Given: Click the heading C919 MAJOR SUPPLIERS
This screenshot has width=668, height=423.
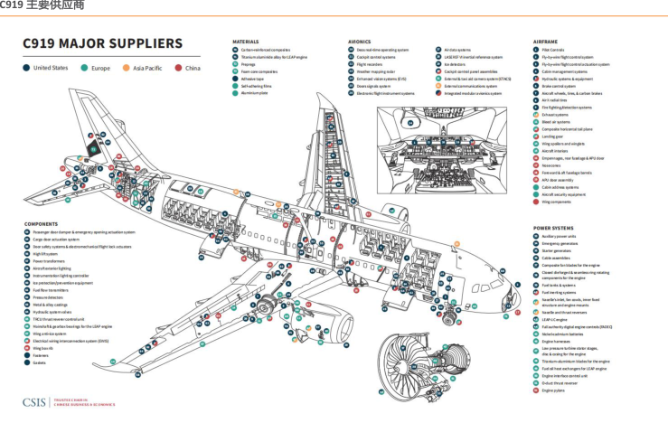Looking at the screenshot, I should pos(101,44).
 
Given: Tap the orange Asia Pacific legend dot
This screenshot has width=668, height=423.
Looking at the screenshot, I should pos(127,68).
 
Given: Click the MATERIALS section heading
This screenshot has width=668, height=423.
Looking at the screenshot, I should pos(246,42).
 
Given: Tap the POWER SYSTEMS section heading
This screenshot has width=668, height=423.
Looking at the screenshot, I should pos(554,228).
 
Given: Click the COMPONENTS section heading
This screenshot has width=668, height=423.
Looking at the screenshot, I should pos(41,224).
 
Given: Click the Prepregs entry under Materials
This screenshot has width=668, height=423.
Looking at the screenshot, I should pos(249,63).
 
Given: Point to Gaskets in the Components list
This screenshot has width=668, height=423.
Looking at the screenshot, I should pos(40,362).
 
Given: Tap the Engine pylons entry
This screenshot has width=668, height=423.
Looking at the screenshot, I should pos(553,390).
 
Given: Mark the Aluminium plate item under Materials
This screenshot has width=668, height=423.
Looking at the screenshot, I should pos(254,93).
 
